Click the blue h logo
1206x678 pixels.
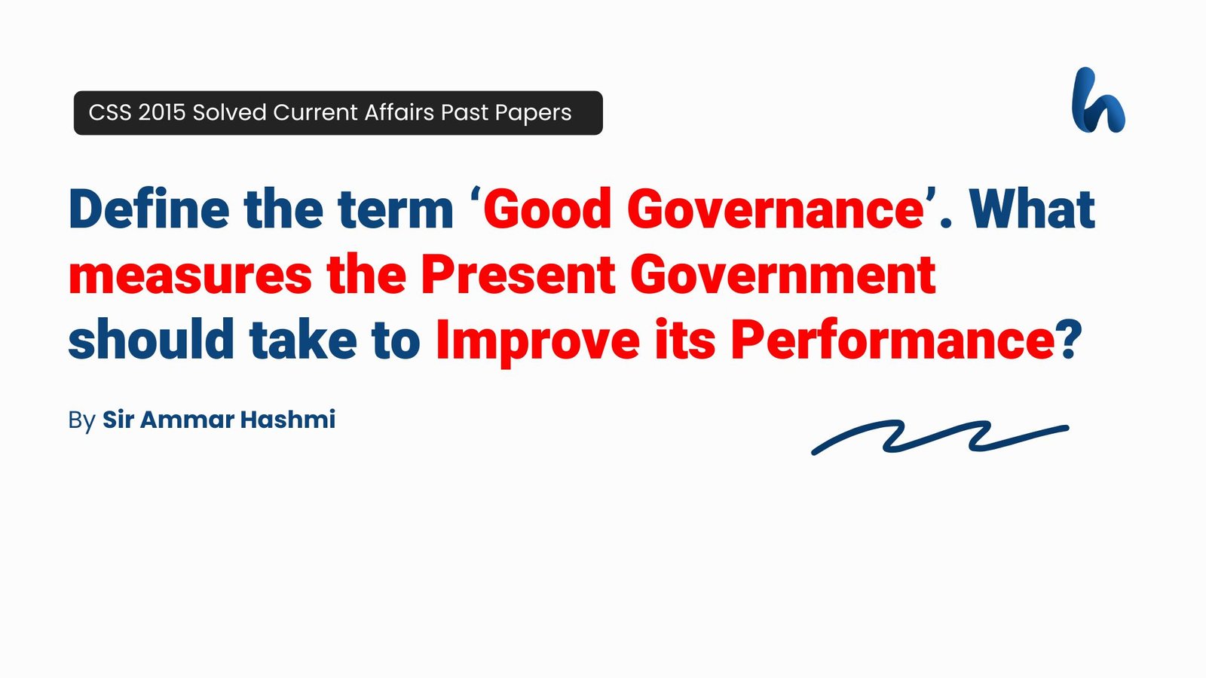1097,101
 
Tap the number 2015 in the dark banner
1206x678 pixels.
161,112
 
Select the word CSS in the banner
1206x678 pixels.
110,112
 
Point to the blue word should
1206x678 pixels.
152,340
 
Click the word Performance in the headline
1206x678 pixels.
892,340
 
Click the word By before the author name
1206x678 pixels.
81,420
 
